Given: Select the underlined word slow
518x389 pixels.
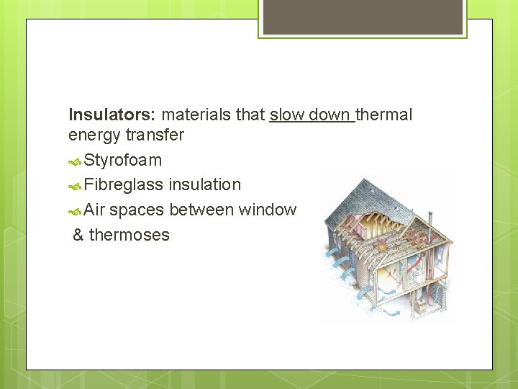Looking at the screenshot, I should (x=286, y=115).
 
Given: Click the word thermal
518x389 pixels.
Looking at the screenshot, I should (x=384, y=115).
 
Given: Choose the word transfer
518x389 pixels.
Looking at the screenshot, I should (x=155, y=135).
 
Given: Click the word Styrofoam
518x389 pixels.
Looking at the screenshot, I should (x=122, y=160).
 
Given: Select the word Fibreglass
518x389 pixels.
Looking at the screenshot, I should (x=124, y=185).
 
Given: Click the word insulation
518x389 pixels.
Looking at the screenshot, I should (x=205, y=184).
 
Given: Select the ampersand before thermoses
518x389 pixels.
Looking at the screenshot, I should (x=78, y=235).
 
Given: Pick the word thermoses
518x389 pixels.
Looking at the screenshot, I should (x=129, y=235).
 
